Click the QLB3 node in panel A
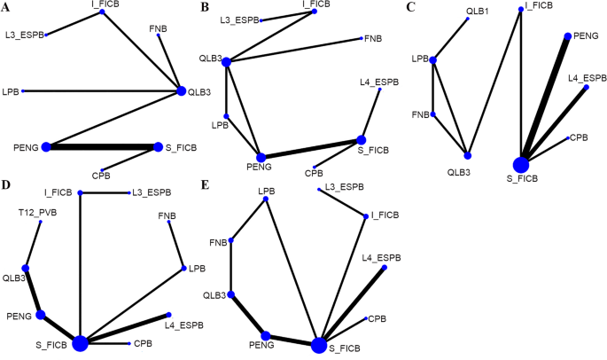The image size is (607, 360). coord(182,90)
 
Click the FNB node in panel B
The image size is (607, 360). coord(363,39)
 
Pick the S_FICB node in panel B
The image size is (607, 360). coord(362,139)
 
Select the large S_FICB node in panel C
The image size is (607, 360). coord(520,164)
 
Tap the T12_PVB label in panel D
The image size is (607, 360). coord(38,213)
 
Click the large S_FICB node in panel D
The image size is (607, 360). coord(81,343)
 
